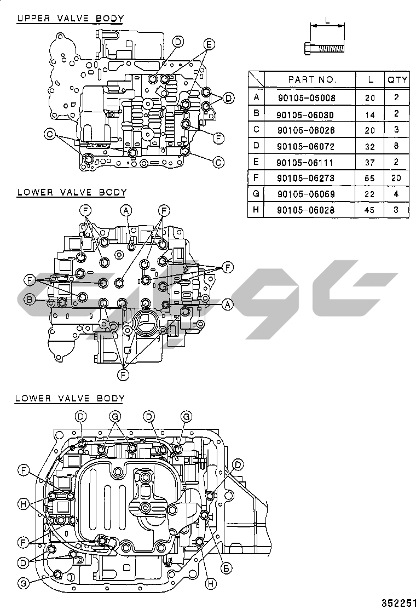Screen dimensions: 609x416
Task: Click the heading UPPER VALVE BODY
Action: pyautogui.click(x=70, y=18)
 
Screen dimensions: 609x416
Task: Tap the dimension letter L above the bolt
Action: pyautogui.click(x=327, y=20)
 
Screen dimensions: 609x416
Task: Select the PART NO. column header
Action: pyautogui.click(x=313, y=79)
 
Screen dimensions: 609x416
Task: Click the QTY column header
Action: pyautogui.click(x=397, y=79)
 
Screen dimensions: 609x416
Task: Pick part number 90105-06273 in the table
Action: pyautogui.click(x=305, y=178)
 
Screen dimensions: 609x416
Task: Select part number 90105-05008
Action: pyautogui.click(x=305, y=98)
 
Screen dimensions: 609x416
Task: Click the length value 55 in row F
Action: pyautogui.click(x=371, y=178)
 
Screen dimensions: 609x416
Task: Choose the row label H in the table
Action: pyautogui.click(x=256, y=210)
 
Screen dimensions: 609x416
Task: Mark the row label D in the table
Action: pyautogui.click(x=256, y=146)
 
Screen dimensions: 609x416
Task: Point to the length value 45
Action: pyautogui.click(x=371, y=210)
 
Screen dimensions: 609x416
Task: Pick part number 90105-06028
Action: pyautogui.click(x=305, y=210)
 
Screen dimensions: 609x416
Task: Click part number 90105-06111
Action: pyautogui.click(x=305, y=163)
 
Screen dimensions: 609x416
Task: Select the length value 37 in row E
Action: pyautogui.click(x=371, y=163)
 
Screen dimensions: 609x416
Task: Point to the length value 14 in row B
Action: pyautogui.click(x=371, y=114)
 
